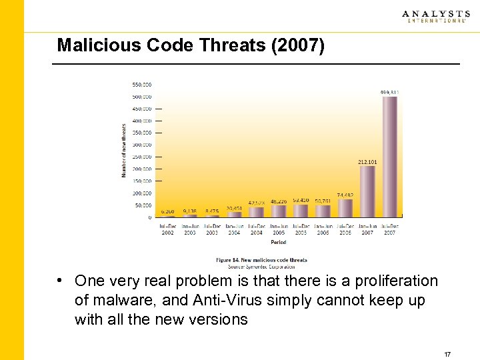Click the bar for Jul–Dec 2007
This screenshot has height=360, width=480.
click(390, 157)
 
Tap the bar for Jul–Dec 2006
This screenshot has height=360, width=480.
click(345, 208)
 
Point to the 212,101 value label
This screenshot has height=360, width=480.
click(367, 161)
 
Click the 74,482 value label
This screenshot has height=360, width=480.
click(345, 195)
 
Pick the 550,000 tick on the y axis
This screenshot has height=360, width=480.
click(142, 85)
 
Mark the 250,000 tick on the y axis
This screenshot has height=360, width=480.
click(142, 157)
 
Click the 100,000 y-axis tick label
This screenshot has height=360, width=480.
click(142, 193)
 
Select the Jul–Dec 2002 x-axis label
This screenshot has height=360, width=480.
click(167, 229)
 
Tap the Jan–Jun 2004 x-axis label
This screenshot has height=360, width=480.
click(234, 229)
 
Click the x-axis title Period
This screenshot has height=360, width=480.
click(279, 243)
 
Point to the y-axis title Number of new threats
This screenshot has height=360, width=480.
click(124, 149)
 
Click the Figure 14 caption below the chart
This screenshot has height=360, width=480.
click(261, 260)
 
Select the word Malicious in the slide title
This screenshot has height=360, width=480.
click(86, 45)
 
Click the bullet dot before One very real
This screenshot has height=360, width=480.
click(61, 281)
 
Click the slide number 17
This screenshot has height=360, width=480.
click(447, 355)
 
